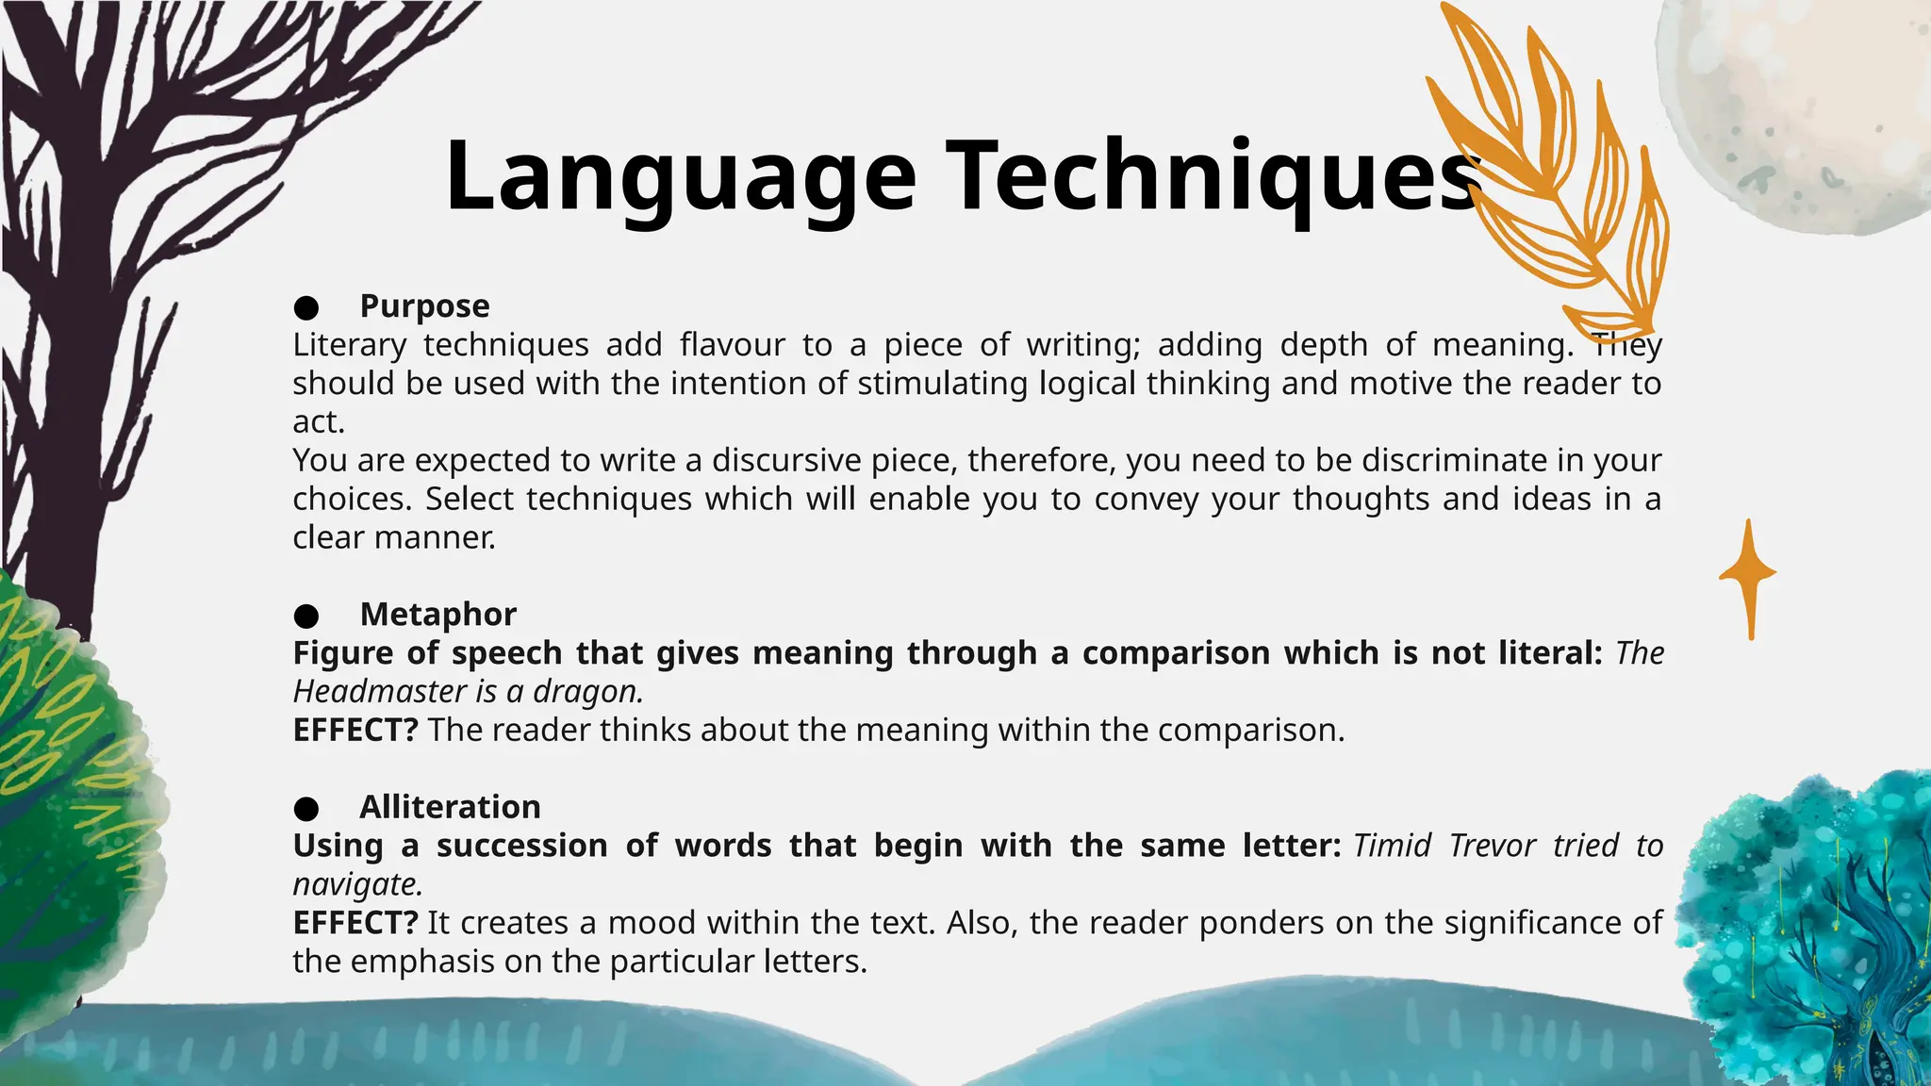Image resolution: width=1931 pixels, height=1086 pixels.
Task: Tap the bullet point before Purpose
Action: pos(305,307)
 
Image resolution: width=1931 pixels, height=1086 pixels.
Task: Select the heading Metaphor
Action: pos(437,615)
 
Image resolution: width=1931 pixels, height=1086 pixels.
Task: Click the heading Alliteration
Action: pos(450,807)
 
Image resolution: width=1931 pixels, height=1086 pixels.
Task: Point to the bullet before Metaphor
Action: pos(305,617)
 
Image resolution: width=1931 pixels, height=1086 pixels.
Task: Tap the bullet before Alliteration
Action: pos(305,809)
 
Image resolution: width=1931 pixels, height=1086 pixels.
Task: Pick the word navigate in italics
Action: pos(356,885)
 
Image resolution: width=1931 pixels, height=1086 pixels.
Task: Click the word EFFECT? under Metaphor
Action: pos(355,731)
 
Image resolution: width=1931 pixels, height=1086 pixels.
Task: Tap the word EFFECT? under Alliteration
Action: pos(355,923)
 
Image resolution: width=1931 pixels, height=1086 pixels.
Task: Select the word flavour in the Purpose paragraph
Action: pos(732,345)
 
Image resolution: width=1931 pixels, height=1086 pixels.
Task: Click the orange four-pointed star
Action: pos(1749,575)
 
